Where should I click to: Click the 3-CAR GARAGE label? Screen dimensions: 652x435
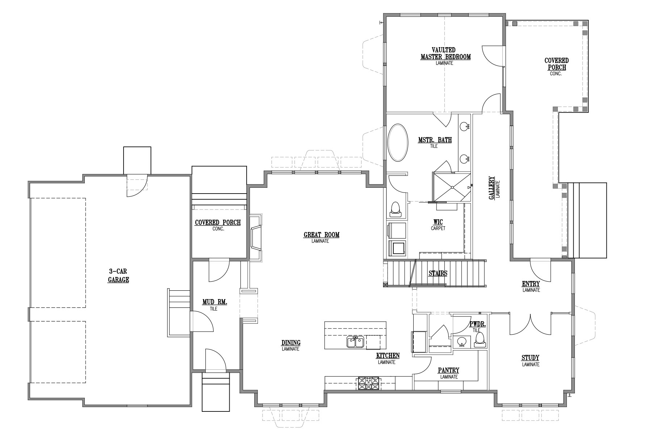tap(119, 275)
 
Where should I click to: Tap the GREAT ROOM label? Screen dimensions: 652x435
tap(322, 235)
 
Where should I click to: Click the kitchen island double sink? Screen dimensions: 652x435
tap(355, 341)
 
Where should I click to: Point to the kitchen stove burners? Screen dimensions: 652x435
tap(369, 383)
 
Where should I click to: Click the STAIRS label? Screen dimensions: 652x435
tap(438, 273)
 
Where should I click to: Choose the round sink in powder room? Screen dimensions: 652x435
tap(461, 341)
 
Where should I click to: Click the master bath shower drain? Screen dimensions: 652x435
tap(452, 187)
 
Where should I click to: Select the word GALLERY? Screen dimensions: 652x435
tap(492, 188)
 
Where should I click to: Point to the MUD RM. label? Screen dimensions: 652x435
tap(215, 302)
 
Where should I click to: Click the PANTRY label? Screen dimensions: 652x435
tap(448, 370)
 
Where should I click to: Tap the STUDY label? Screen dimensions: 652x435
tap(531, 358)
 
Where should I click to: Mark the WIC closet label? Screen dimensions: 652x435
tap(438, 222)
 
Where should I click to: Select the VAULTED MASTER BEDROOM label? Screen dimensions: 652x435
tap(445, 53)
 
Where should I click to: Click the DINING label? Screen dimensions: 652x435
tap(291, 343)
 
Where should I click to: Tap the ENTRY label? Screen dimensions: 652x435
tap(531, 284)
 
